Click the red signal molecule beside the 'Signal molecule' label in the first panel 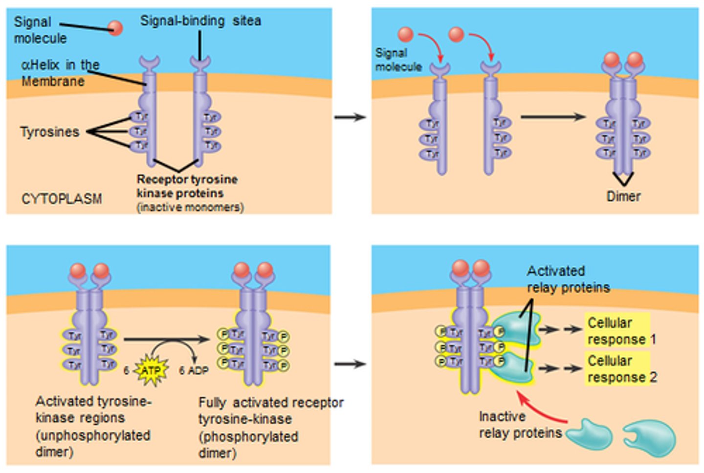click(115, 28)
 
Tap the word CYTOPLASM click(62, 199)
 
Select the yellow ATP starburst click(151, 370)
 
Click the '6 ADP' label click(194, 370)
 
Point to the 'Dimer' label click(623, 196)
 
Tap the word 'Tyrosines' click(49, 132)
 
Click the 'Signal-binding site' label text click(200, 21)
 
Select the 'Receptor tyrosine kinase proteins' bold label click(187, 186)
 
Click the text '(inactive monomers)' click(190, 207)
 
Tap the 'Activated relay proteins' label click(568, 279)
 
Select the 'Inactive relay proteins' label click(520, 424)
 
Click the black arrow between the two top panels click(350, 117)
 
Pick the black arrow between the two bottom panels click(350, 364)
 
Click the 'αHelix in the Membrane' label click(60, 72)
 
